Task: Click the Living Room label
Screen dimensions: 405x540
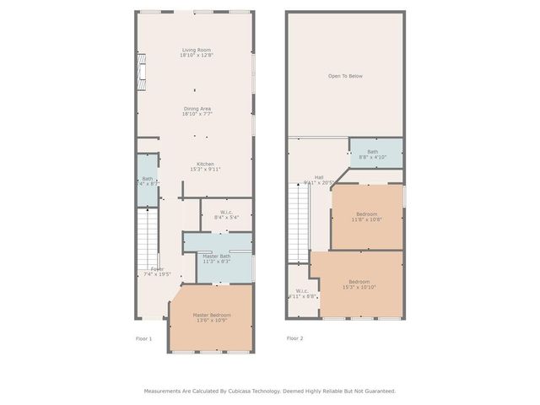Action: click(197, 51)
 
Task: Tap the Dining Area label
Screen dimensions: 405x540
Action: click(197, 108)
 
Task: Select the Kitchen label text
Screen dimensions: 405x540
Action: click(205, 164)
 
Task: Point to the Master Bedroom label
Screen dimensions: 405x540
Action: click(212, 315)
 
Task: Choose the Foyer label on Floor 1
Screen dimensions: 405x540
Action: click(157, 269)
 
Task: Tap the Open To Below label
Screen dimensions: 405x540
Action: click(345, 76)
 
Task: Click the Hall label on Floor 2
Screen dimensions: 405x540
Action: click(319, 177)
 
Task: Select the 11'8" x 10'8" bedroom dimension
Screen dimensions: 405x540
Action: click(367, 220)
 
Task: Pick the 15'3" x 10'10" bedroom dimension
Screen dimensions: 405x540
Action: click(359, 287)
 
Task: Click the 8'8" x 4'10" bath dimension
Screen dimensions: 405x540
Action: click(372, 158)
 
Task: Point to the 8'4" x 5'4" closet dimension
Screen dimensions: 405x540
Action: click(226, 218)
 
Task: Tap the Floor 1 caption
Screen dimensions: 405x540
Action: click(144, 338)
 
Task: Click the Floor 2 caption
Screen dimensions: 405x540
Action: click(294, 338)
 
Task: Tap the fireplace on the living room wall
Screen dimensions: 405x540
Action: click(143, 72)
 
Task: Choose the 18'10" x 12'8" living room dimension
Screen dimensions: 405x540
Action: click(197, 56)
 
